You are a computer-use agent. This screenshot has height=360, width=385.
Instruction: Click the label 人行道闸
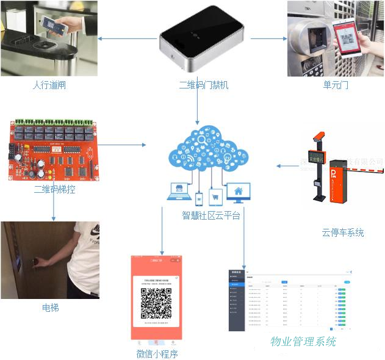coord(48,85)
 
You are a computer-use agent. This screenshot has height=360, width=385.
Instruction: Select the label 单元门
coord(336,85)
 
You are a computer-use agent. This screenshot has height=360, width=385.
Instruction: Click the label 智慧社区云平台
coord(211,215)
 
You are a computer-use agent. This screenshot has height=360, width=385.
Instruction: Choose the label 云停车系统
coord(342,232)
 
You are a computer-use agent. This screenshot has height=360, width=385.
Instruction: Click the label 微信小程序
coord(157,353)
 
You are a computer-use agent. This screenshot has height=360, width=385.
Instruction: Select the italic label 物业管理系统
coord(303,342)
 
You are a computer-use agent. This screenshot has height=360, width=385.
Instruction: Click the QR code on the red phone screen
coord(156,303)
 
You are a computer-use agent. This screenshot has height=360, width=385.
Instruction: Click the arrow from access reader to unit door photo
coord(268,40)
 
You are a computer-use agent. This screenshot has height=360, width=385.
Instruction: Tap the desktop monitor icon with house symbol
coord(237,193)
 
